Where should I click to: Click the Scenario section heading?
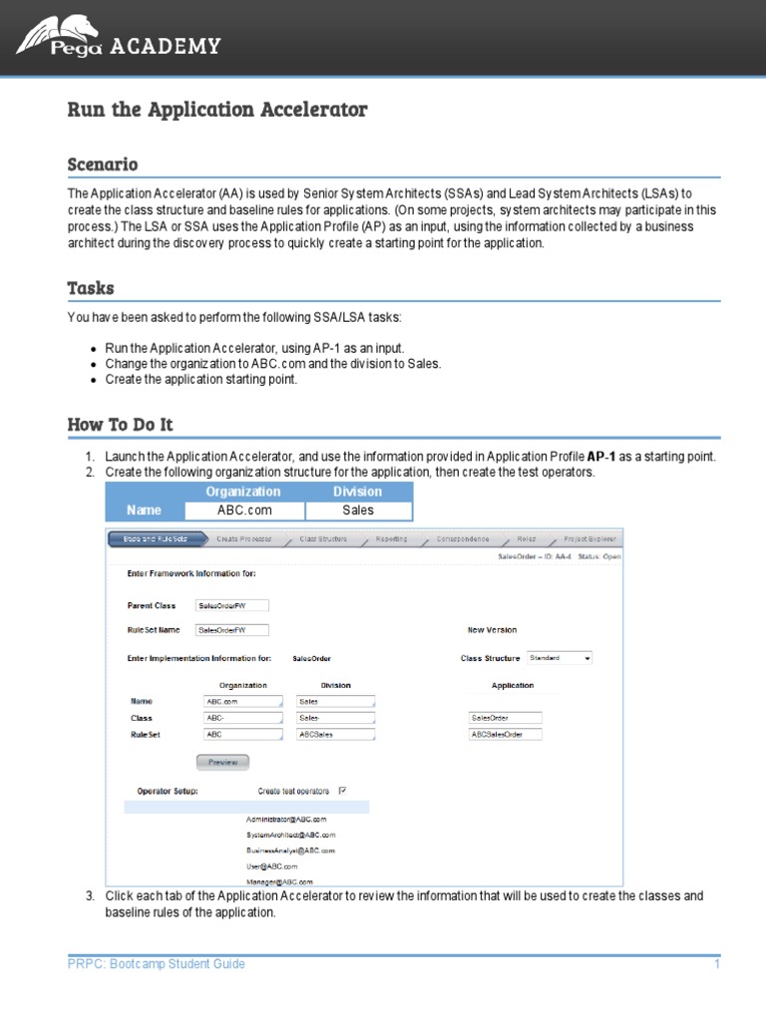102,165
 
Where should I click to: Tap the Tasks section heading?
91,288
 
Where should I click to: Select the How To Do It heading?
120,425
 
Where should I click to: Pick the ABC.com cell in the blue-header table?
244,510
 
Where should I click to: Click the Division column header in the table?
357,492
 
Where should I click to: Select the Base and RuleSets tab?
158,538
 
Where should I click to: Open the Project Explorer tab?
589,538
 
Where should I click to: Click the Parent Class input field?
232,605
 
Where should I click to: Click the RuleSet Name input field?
232,630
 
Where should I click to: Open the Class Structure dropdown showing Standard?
560,658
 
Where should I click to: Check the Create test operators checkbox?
342,791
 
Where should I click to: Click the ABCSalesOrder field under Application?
506,735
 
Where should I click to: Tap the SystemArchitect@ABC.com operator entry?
290,835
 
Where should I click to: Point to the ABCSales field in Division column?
336,735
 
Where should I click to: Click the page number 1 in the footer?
716,964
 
